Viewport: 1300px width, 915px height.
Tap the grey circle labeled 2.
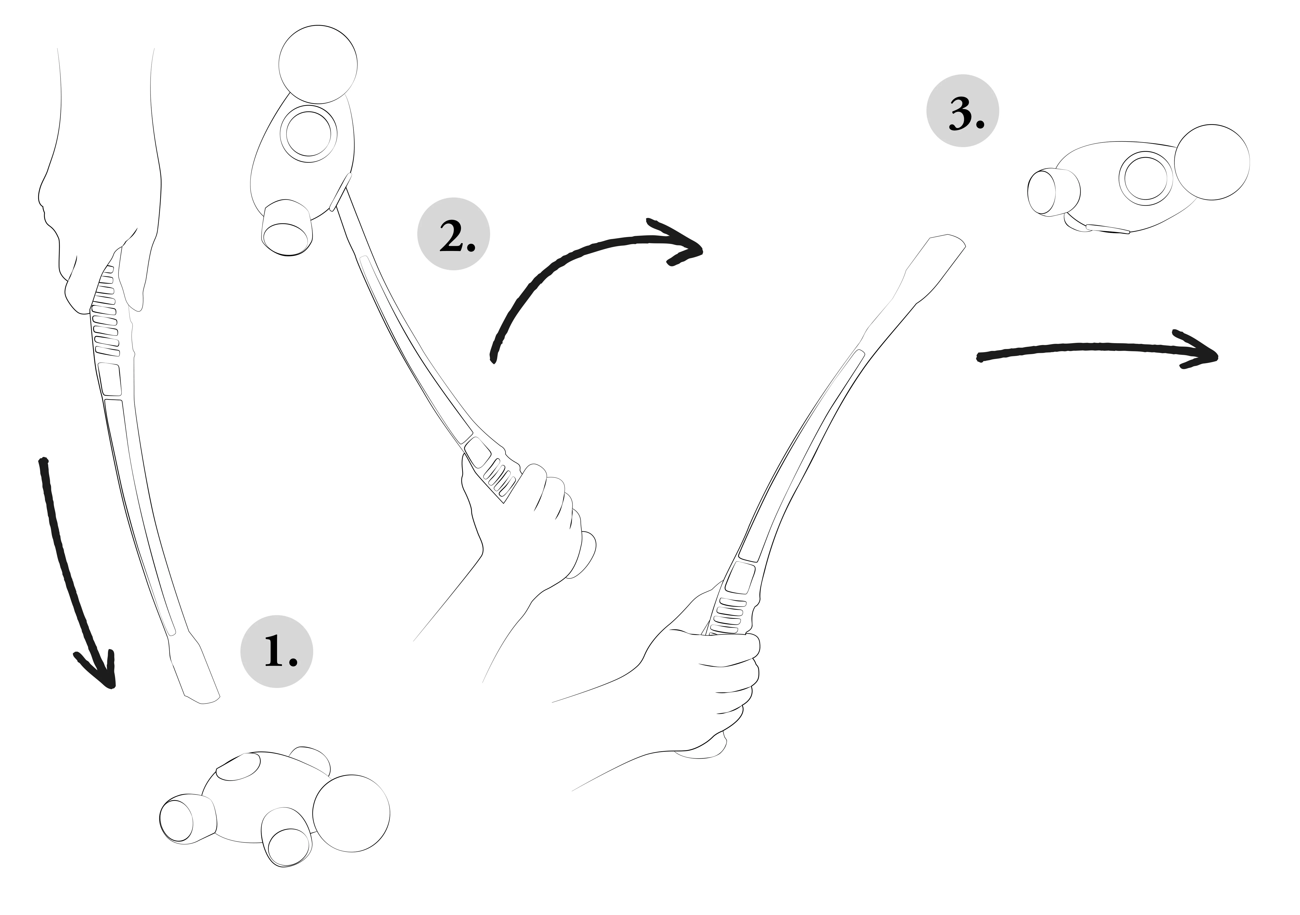pyautogui.click(x=453, y=234)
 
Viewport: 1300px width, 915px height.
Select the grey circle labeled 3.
pyautogui.click(x=963, y=111)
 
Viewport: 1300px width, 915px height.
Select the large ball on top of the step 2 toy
pyautogui.click(x=318, y=65)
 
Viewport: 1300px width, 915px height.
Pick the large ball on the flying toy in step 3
pyautogui.click(x=1212, y=162)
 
